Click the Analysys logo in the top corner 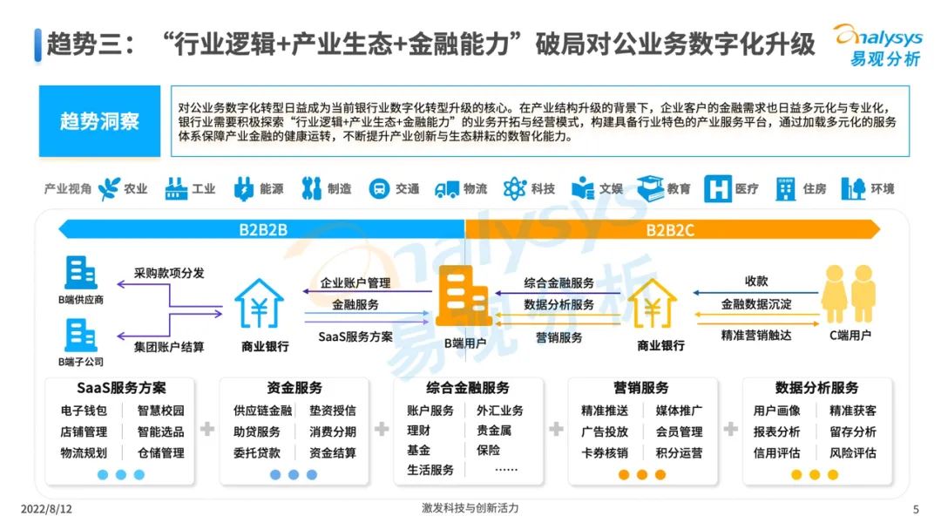coord(875,44)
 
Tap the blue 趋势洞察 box coord(99,121)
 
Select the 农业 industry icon coord(110,188)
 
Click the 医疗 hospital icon coord(717,188)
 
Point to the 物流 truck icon coord(447,188)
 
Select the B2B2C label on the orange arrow coord(670,230)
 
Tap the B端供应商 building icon coord(80,273)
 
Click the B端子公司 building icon coord(80,335)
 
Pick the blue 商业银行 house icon coord(260,302)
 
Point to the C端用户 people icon coord(846,295)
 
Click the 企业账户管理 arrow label coord(355,283)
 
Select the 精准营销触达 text coord(756,334)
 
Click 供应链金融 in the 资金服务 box coord(262,411)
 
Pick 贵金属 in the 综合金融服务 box coord(494,431)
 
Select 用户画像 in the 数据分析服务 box coord(776,411)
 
